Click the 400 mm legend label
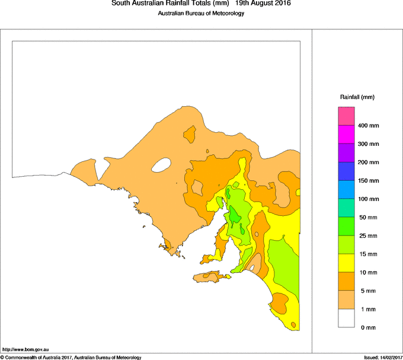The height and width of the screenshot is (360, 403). coord(368,126)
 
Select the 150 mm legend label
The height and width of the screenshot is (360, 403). coord(368,181)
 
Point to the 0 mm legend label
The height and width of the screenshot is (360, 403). coord(366,327)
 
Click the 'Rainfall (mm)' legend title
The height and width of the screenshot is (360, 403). coord(357,97)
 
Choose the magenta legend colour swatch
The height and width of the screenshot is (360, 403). coord(346,135)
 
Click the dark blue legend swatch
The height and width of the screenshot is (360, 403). coord(346,171)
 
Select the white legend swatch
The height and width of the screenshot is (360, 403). coord(346,318)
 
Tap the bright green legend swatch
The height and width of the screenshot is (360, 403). coord(346,227)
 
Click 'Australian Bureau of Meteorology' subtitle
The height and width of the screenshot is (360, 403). coord(201,14)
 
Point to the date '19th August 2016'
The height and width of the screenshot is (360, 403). coord(263,4)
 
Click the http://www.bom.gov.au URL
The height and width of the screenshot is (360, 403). coord(25,350)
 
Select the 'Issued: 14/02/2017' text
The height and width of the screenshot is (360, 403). coord(382,357)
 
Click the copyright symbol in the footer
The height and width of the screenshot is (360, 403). coord(2,357)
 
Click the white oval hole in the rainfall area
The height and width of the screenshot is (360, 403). coord(161,165)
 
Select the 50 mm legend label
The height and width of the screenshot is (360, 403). coord(367,218)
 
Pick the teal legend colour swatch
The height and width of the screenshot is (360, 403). coord(346,208)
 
